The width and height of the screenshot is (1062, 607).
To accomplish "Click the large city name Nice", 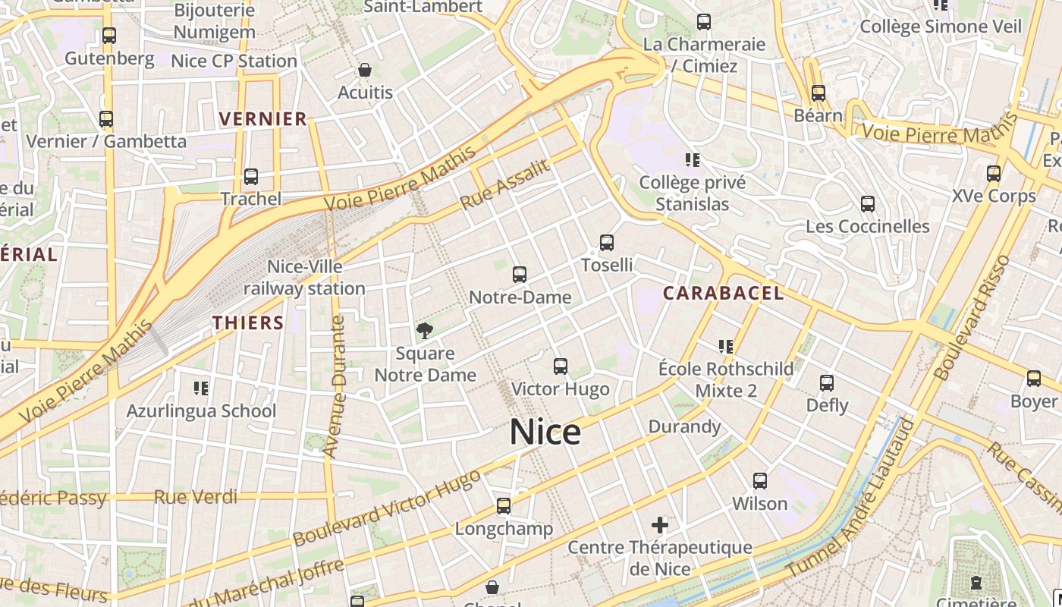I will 545,432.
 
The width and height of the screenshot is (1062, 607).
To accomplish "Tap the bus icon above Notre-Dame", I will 520,275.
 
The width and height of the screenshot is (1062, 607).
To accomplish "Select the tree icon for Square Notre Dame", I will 425,330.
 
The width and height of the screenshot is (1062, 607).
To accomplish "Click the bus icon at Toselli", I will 606,243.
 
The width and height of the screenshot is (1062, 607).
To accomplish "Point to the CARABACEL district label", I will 723,293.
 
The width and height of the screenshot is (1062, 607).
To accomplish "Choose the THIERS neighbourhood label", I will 248,322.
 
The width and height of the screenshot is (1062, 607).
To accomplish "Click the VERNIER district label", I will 263,118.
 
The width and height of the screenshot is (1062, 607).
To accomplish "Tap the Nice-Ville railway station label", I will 304,278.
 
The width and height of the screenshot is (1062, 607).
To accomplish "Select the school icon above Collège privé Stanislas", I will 692,160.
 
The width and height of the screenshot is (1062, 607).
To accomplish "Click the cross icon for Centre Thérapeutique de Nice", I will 660,524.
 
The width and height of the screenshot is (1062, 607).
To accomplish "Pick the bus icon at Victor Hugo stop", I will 561,366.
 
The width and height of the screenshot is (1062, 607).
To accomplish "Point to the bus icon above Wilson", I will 760,481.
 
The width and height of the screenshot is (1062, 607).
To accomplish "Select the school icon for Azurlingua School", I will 201,388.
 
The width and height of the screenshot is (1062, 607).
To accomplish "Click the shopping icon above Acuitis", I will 365,70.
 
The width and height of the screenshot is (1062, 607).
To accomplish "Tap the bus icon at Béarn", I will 818,93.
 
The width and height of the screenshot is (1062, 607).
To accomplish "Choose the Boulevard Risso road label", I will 973,318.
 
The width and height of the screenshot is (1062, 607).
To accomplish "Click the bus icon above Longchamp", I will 504,506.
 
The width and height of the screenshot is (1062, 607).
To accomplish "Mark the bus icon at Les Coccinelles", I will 868,204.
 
